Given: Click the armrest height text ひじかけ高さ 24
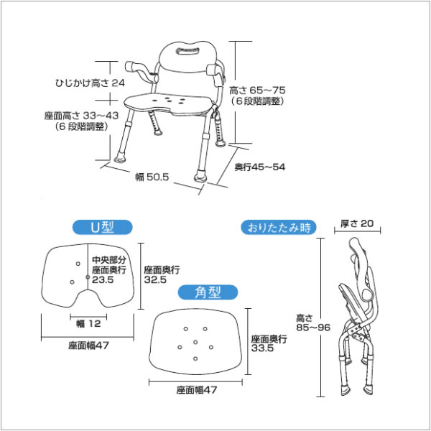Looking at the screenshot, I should click(90, 83).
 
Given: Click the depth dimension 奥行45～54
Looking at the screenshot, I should click(260, 167).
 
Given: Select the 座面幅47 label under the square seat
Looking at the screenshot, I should click(197, 390).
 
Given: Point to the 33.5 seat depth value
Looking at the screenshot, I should click(262, 349).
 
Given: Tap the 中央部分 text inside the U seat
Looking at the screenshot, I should click(108, 260).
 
